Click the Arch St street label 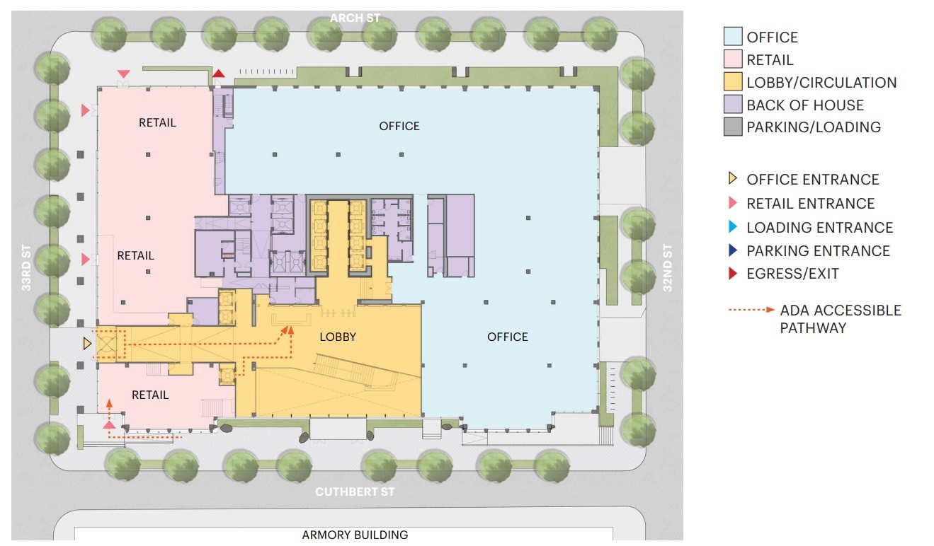click(355, 18)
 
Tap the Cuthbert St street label click(355, 492)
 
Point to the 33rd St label click(26, 268)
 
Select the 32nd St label click(668, 268)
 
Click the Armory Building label click(355, 535)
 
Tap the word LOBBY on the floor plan click(338, 337)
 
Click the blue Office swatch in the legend click(733, 36)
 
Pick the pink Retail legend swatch click(733, 59)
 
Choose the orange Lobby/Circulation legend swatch click(733, 81)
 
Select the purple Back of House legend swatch click(733, 104)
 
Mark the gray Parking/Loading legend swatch click(733, 127)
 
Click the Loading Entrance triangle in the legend click(732, 226)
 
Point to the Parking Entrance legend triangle click(732, 250)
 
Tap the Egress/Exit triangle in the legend click(732, 273)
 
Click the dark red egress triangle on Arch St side click(219, 74)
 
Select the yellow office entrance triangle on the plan click(86, 344)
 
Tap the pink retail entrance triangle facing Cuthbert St click(109, 425)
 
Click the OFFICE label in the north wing click(399, 126)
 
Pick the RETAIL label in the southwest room click(150, 395)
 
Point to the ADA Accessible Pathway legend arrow click(751, 310)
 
